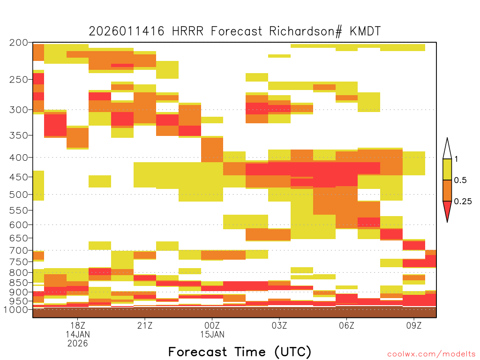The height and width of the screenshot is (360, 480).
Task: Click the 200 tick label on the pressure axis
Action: [x=18, y=43]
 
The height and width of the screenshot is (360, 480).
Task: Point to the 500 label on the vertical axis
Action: [x=18, y=195]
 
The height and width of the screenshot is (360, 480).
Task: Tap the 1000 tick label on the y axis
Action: [x=16, y=310]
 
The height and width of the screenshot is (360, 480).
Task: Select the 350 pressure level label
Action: [x=18, y=135]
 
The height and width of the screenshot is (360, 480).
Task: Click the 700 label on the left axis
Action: [x=18, y=251]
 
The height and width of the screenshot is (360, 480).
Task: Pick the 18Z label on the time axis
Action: [x=78, y=325]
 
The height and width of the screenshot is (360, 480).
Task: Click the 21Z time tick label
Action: [x=145, y=325]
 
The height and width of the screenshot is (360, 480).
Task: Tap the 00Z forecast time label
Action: [x=212, y=325]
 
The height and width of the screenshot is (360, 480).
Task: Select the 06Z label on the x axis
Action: [x=346, y=325]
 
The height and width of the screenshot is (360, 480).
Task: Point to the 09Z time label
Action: [x=414, y=325]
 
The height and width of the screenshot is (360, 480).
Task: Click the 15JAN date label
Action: [x=212, y=334]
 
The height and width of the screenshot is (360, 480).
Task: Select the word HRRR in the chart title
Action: [x=187, y=31]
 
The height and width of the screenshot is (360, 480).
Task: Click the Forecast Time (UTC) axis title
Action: [x=240, y=352]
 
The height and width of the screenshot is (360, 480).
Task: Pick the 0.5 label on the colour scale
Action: [x=460, y=180]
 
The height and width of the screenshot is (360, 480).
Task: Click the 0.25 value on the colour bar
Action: [x=463, y=202]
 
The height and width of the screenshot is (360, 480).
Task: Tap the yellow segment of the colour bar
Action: [x=447, y=169]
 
